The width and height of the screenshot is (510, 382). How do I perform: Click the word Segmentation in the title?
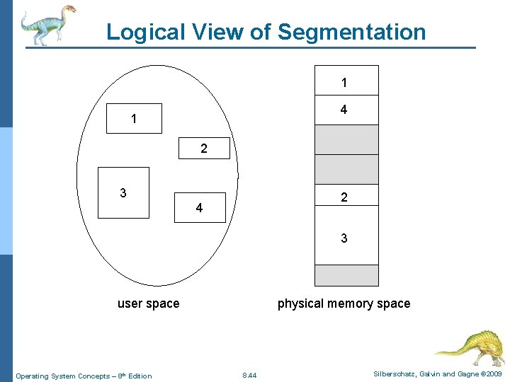coord(351,32)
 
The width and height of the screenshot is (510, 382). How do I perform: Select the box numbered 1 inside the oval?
coord(134,119)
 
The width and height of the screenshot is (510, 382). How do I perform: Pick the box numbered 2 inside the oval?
coord(204,149)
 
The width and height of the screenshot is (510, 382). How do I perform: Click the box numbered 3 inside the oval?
coord(123,192)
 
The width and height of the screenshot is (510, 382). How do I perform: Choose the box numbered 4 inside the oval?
coord(200,207)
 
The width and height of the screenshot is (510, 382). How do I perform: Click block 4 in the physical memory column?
coord(346,110)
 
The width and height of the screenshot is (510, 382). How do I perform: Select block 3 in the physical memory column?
coord(346,237)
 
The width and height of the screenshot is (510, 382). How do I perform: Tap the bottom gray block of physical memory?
coord(346,275)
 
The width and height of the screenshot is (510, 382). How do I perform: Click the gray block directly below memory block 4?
coord(346,139)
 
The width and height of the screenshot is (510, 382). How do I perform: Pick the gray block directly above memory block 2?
coord(346,169)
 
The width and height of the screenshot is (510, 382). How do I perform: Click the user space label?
coord(148,303)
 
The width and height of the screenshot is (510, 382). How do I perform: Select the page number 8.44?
coord(249,375)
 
